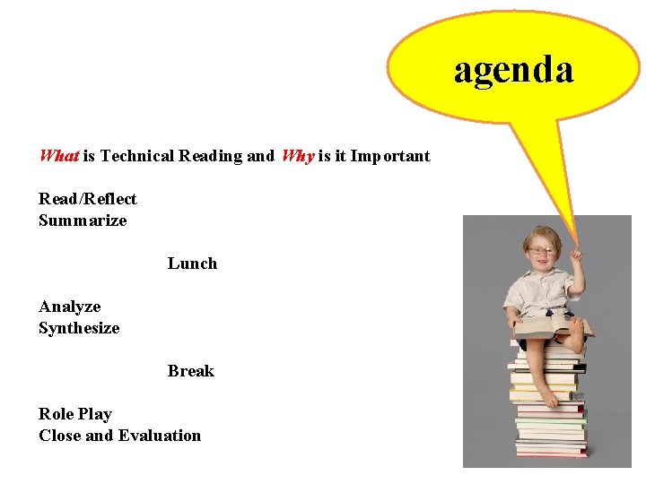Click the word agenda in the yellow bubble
[x=513, y=70]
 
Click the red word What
[x=59, y=156]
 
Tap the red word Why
[x=298, y=156]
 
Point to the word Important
[x=390, y=156]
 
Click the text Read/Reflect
[x=88, y=199]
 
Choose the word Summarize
[x=83, y=220]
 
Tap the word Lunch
[x=192, y=264]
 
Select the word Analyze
[x=70, y=307]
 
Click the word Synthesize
[x=79, y=328]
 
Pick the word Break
[x=191, y=371]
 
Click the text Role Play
[x=75, y=414]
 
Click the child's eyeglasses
[x=541, y=250]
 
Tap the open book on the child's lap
[x=549, y=325]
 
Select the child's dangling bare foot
[x=545, y=395]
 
